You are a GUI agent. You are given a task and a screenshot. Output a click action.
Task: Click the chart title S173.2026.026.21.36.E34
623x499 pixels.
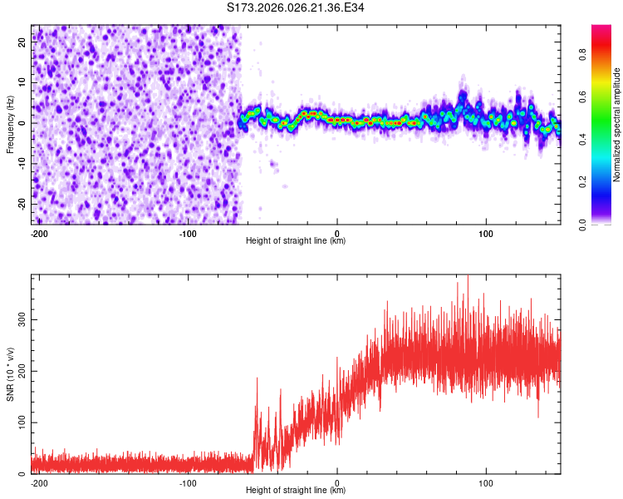click(x=296, y=7)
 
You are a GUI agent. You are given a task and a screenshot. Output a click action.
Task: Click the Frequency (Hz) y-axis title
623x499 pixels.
click(x=10, y=124)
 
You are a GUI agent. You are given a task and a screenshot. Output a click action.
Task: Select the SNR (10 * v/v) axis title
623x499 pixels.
click(x=10, y=373)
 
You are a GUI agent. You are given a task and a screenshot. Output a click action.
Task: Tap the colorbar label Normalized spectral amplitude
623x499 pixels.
click(x=617, y=125)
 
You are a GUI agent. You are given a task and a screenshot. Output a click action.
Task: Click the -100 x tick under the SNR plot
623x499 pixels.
click(x=188, y=482)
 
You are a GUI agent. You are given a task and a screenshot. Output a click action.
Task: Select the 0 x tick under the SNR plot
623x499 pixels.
click(x=337, y=482)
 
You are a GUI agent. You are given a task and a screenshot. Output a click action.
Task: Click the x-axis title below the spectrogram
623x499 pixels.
click(x=296, y=241)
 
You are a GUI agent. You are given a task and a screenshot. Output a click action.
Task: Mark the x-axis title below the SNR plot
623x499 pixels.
click(x=296, y=491)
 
